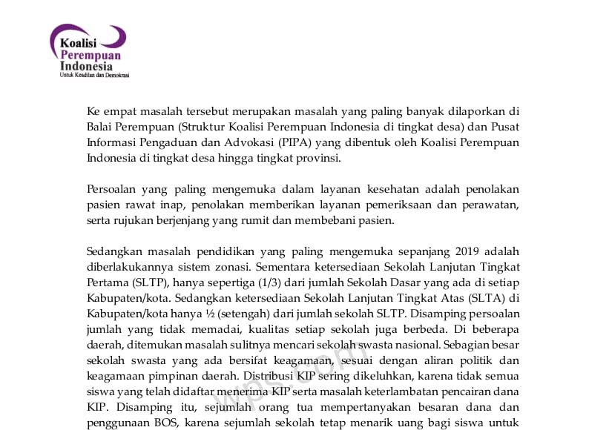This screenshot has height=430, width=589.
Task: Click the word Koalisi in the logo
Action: click(x=78, y=43)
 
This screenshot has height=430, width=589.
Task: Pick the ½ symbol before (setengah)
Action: click(x=217, y=316)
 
